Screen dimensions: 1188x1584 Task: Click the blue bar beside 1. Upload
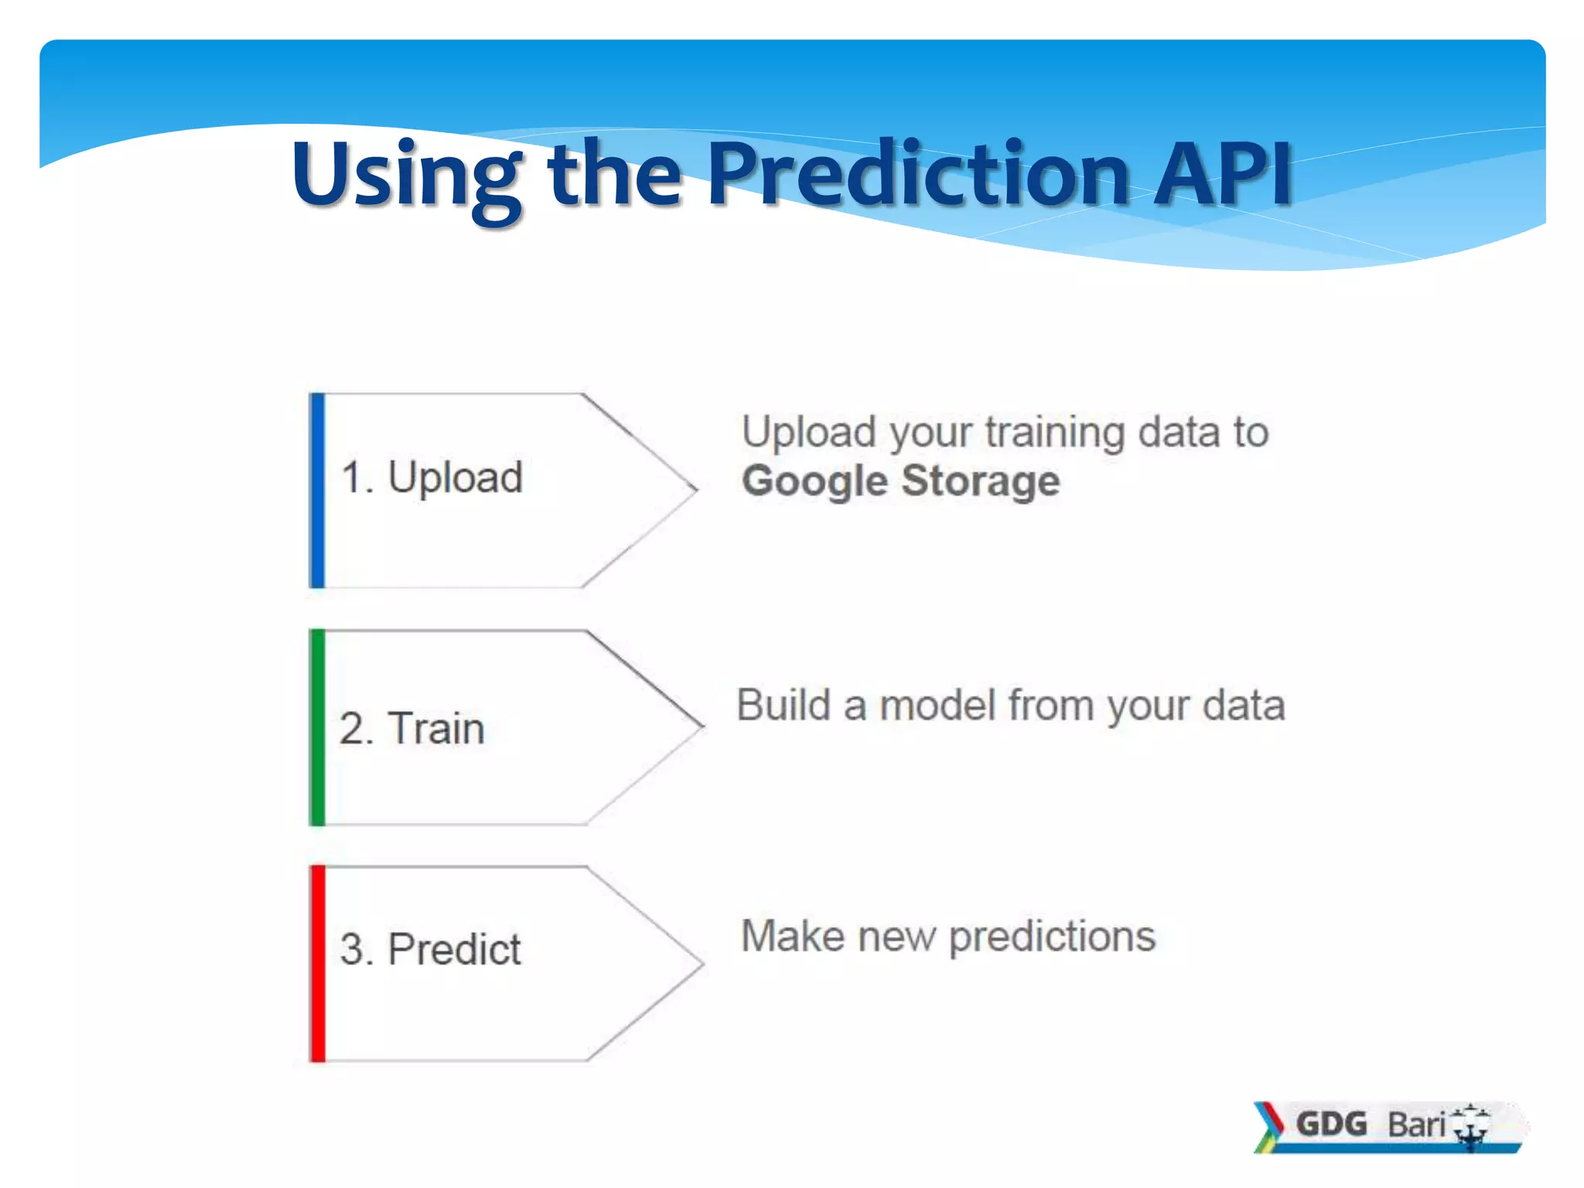tap(317, 490)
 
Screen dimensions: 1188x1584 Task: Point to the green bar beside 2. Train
tap(317, 727)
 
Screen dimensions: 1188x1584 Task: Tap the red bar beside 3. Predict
tap(318, 964)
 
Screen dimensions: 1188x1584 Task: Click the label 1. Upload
tap(432, 477)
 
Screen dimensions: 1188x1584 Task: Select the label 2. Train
tap(411, 729)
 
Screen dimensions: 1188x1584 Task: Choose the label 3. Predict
tap(430, 949)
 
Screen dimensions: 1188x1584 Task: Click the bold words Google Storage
tap(900, 481)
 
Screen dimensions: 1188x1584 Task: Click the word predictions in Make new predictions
tap(1052, 937)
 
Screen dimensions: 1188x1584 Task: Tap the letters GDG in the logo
tap(1331, 1124)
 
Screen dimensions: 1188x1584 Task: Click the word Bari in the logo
tap(1415, 1125)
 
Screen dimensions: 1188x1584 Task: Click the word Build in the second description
tap(783, 705)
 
